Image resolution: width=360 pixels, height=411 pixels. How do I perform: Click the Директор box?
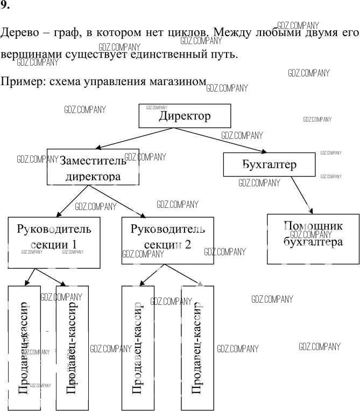click(185, 116)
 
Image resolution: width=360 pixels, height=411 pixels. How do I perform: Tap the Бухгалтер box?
click(269, 164)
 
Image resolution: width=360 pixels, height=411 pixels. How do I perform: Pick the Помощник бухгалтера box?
click(313, 240)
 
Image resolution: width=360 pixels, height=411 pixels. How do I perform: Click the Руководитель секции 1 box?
click(54, 242)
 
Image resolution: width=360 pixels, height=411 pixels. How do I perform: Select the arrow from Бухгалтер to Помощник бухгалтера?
click(300, 194)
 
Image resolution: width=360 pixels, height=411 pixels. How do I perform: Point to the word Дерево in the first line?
click(18, 33)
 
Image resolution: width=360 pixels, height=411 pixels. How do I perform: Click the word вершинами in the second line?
click(30, 55)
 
